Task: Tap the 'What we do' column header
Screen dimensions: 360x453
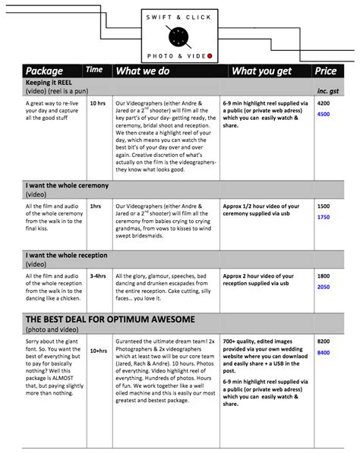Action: point(144,71)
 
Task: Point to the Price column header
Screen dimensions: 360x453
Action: point(325,71)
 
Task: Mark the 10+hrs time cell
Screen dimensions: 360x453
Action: point(97,351)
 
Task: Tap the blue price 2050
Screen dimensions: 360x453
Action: point(324,288)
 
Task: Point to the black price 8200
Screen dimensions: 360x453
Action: point(324,342)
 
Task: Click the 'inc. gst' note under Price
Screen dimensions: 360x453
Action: point(325,83)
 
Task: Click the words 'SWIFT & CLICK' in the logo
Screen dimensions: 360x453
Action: point(181,15)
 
